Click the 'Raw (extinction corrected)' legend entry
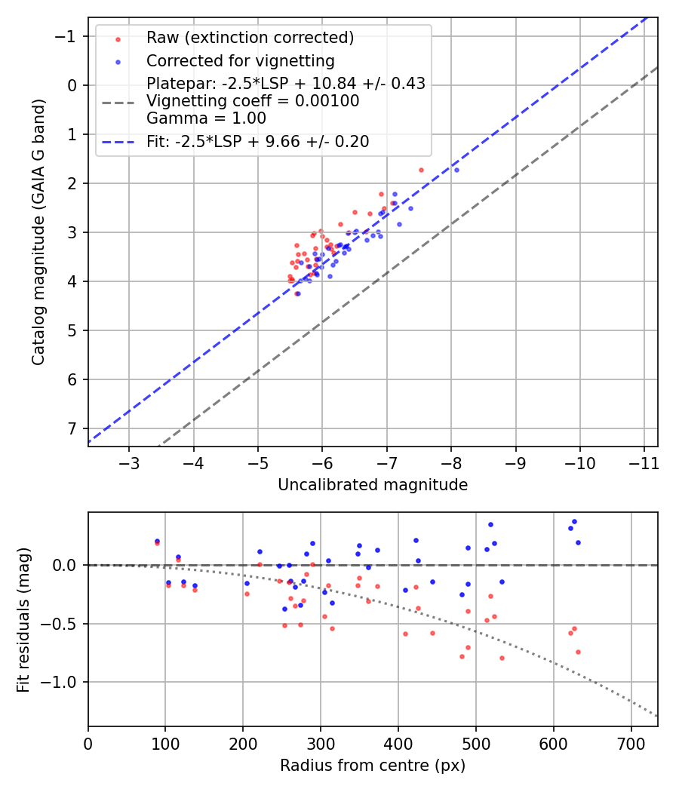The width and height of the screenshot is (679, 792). click(250, 38)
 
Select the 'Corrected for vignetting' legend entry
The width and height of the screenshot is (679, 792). click(241, 60)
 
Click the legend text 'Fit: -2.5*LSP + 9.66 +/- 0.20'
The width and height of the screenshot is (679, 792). click(257, 141)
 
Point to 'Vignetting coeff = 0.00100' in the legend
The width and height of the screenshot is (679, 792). click(253, 101)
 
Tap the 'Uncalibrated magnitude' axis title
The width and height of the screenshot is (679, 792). click(373, 485)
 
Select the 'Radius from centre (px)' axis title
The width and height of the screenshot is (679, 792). click(373, 766)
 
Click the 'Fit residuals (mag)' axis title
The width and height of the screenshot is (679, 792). click(23, 619)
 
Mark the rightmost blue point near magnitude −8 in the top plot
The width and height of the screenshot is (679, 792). click(456, 170)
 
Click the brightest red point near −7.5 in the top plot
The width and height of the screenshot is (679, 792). click(421, 170)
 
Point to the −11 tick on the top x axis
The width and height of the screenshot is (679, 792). click(644, 462)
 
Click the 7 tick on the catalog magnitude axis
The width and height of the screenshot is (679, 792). click(74, 428)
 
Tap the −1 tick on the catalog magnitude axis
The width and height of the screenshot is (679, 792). click(69, 36)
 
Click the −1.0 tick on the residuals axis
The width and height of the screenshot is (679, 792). click(63, 682)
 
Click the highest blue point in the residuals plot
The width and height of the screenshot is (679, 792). click(574, 521)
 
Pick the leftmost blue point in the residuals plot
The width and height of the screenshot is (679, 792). click(157, 541)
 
